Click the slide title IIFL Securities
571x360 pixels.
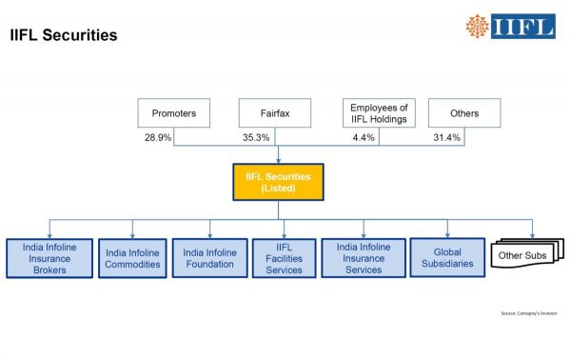64,36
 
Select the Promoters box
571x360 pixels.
173,113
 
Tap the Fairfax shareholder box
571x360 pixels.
269,113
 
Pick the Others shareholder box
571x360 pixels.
464,113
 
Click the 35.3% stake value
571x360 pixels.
257,138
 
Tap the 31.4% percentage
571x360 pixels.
446,138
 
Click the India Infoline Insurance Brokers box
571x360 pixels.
49,257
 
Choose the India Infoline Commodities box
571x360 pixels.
132,258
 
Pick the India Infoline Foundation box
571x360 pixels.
210,257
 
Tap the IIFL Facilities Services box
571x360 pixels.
285,257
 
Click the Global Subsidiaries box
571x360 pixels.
446,257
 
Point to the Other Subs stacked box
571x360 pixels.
522,255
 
